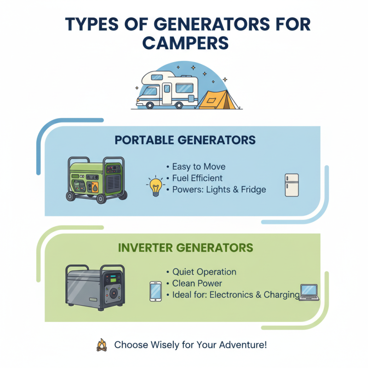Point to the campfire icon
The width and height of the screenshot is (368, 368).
point(102,345)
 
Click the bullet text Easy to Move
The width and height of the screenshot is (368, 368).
point(199,167)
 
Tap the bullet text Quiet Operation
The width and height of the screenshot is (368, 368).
point(204,272)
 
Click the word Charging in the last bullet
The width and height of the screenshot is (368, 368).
point(282,295)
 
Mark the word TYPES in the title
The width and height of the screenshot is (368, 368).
point(87,24)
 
